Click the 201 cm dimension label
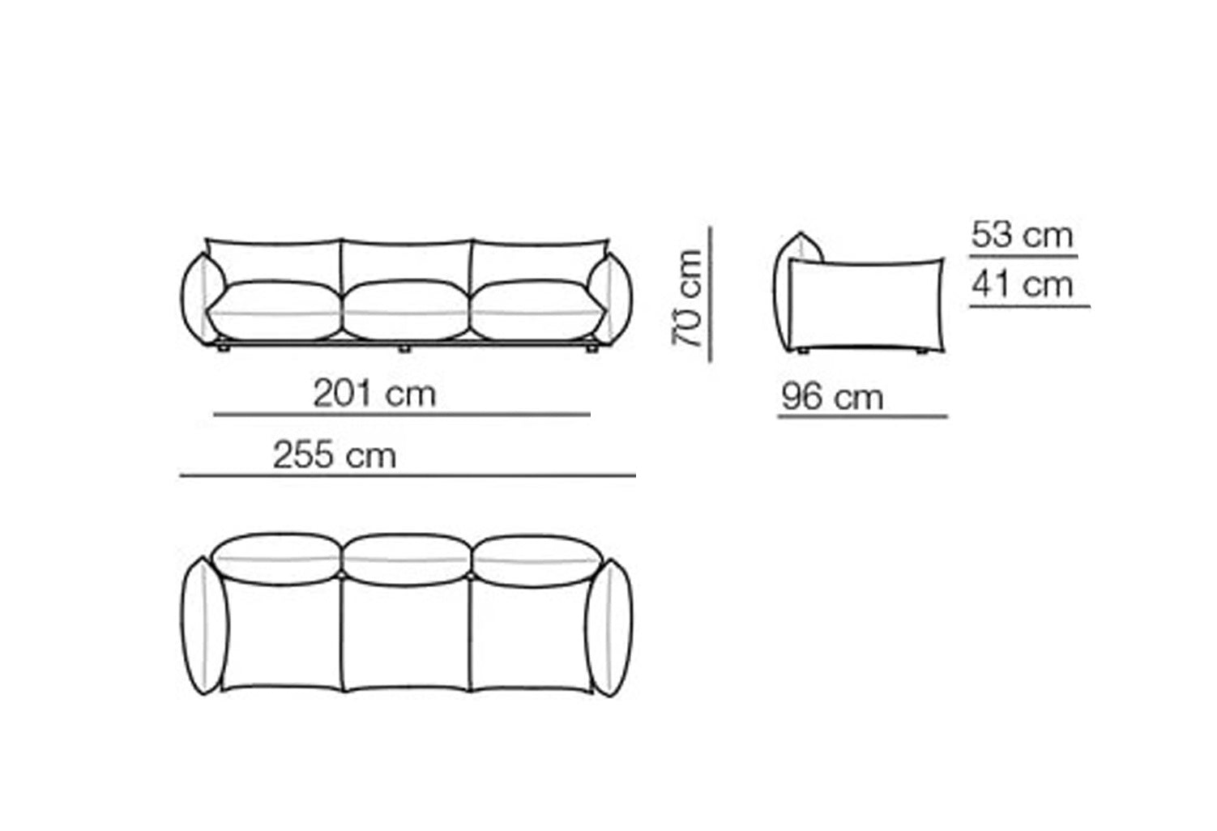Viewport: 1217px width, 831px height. tap(374, 394)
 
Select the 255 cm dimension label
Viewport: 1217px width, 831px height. tap(334, 455)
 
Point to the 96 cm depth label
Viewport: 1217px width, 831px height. tap(832, 397)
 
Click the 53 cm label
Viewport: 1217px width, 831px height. tap(1022, 235)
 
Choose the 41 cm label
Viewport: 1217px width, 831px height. tap(1022, 284)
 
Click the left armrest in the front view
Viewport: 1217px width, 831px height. tap(202, 299)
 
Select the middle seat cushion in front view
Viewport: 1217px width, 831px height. tap(406, 310)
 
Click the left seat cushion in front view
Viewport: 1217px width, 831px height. tap(275, 311)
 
